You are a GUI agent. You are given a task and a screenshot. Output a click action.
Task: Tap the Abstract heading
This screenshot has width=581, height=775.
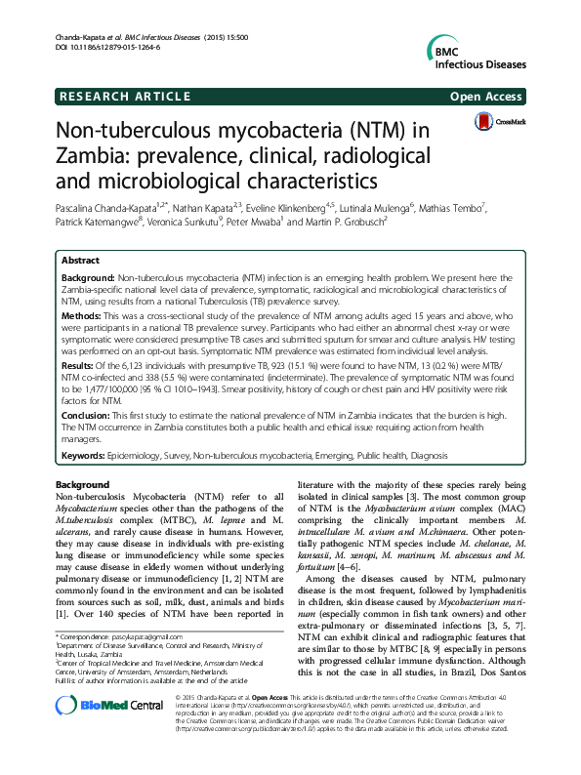click(79, 261)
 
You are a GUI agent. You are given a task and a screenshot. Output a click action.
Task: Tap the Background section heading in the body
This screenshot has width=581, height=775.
click(82, 485)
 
